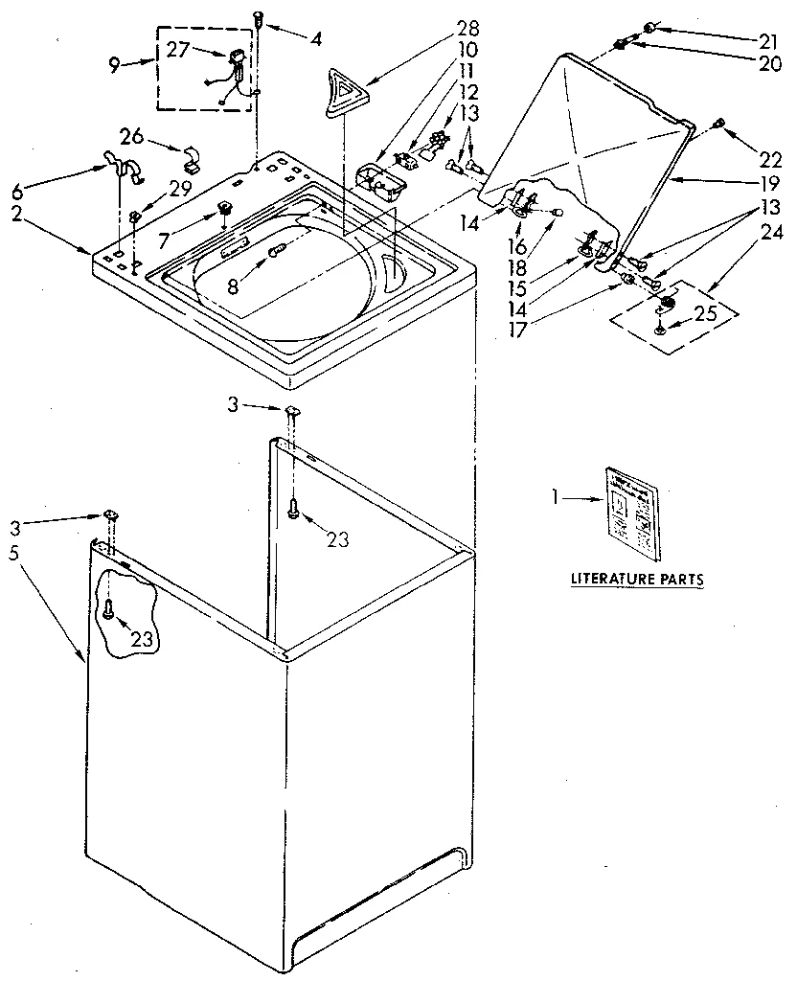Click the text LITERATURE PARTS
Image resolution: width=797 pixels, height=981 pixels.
637,579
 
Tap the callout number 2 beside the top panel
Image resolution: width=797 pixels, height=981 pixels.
16,216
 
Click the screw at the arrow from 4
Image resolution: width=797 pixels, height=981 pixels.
258,16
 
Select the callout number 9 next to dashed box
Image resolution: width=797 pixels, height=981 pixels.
114,64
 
